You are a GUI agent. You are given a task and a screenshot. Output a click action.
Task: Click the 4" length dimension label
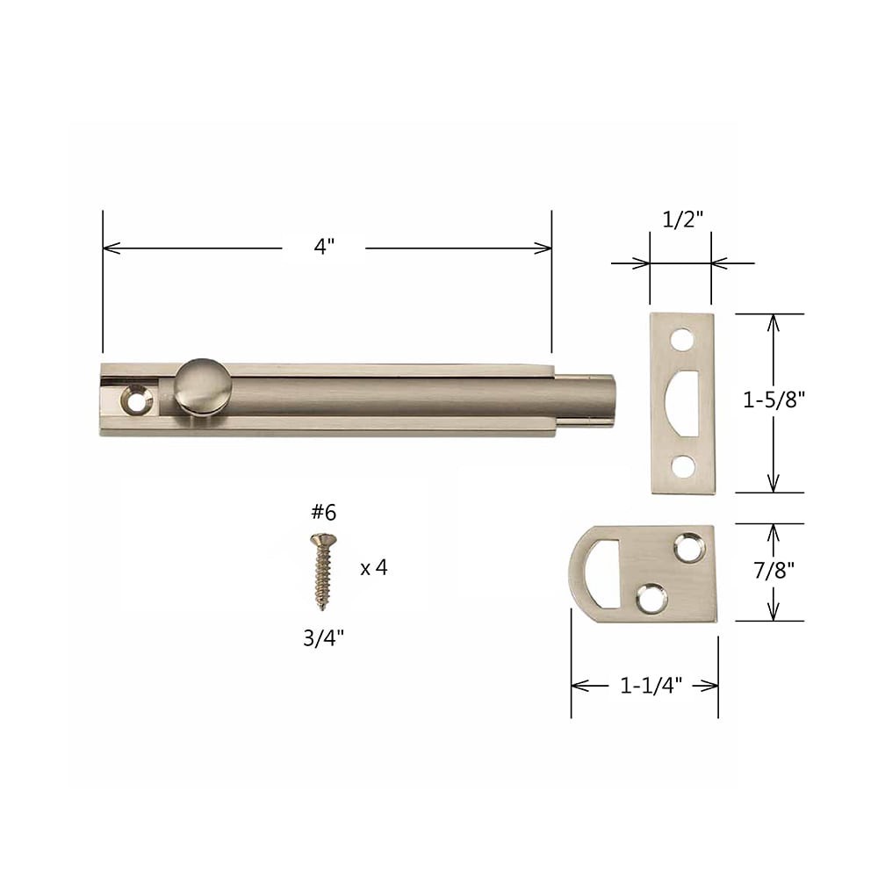tap(324, 248)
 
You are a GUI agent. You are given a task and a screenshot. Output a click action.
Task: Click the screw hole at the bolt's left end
tap(137, 400)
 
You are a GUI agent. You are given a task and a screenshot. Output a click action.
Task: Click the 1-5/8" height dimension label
tap(774, 400)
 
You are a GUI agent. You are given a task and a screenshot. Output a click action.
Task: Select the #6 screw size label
tap(322, 513)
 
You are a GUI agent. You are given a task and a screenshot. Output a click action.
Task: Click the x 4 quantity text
tap(373, 568)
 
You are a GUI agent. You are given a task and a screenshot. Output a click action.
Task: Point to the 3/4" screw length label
tap(322, 638)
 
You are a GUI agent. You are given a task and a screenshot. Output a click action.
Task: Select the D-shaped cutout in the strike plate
tap(684, 402)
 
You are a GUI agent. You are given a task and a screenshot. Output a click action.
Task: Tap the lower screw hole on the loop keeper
tap(651, 597)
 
